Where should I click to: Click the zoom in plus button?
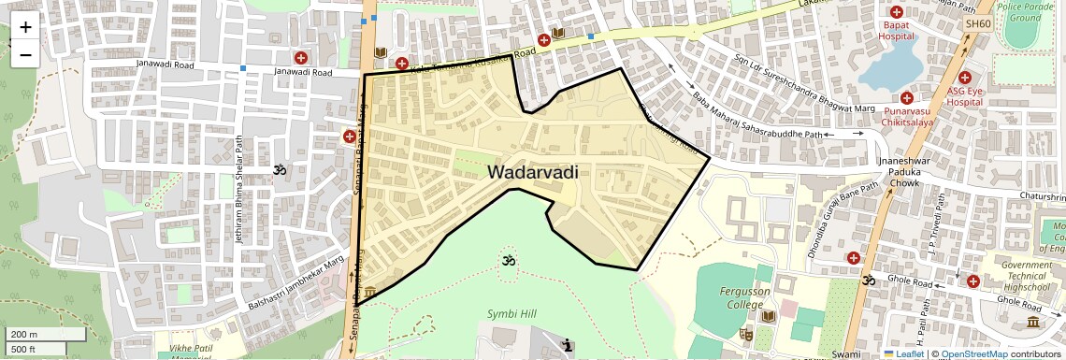pos(25,27)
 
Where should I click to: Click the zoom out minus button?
pos(25,54)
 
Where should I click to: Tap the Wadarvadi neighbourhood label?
pos(532,172)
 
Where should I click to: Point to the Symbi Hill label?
pos(511,313)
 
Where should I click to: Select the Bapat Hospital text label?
pos(895,31)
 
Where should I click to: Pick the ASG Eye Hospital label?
pos(968,97)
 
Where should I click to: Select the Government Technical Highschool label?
pos(1027,276)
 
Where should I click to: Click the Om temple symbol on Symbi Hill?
pos(509,260)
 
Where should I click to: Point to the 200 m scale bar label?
pos(24,335)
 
